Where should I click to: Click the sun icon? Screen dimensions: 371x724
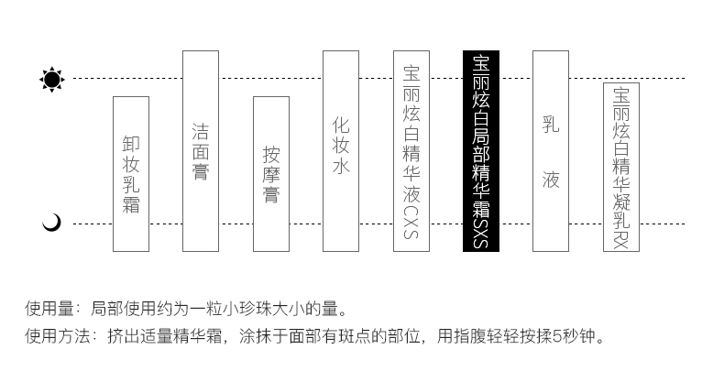coord(52,79)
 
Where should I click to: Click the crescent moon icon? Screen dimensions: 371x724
coord(52,222)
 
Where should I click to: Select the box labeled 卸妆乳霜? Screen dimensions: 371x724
coord(130,174)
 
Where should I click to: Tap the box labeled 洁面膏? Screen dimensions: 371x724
coord(201,150)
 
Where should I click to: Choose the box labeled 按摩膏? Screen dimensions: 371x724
coord(270,174)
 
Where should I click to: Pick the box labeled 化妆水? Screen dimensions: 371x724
coord(340,150)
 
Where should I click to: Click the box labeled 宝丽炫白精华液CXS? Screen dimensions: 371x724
coord(411,150)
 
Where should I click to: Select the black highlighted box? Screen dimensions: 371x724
coord(480,150)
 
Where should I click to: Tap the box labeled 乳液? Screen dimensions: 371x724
coord(550,150)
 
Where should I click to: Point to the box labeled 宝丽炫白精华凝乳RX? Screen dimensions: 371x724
coord(620,167)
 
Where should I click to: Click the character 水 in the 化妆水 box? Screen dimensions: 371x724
coord(340,167)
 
